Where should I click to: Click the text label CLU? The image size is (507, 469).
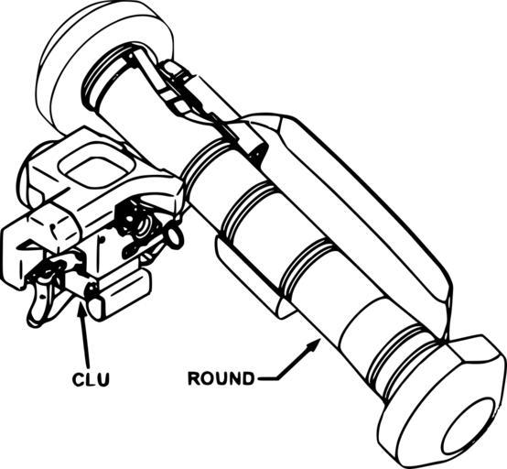(91, 379)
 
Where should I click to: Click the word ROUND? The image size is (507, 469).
(221, 377)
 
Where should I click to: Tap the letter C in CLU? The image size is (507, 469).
(78, 379)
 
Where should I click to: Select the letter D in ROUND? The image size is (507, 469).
(248, 377)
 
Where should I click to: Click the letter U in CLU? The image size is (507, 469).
(103, 379)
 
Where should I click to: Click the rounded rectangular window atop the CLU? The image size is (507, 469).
(97, 168)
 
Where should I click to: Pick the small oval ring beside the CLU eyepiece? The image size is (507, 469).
(175, 237)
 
